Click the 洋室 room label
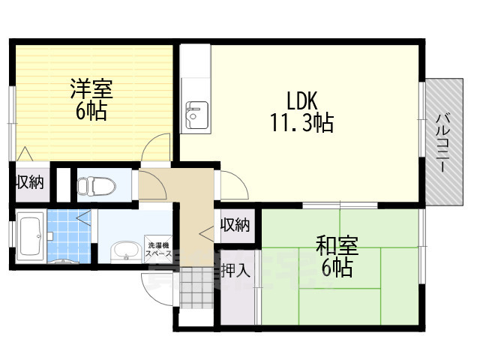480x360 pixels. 91,88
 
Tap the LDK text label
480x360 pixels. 302,99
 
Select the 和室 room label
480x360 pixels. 337,245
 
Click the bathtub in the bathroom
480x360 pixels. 29,236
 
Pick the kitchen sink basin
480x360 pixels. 194,117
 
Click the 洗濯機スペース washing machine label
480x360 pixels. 158,249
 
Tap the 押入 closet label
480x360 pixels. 235,270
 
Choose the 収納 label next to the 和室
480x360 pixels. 235,224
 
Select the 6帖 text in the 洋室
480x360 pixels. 91,112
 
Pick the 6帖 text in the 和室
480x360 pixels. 337,268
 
